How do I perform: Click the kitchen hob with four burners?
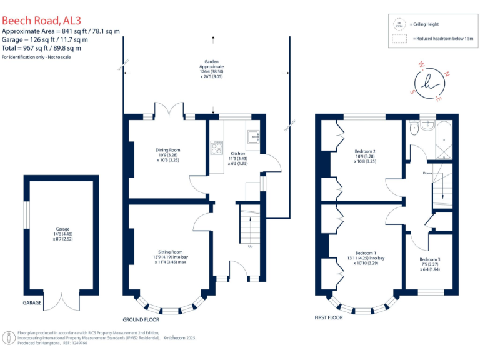click(x=217, y=147)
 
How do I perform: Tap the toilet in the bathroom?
click(x=414, y=128)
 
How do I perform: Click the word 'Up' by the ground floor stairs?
click(x=251, y=246)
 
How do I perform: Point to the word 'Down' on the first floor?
click(x=427, y=173)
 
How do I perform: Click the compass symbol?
click(x=428, y=82)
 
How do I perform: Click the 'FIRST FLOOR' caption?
click(x=330, y=318)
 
